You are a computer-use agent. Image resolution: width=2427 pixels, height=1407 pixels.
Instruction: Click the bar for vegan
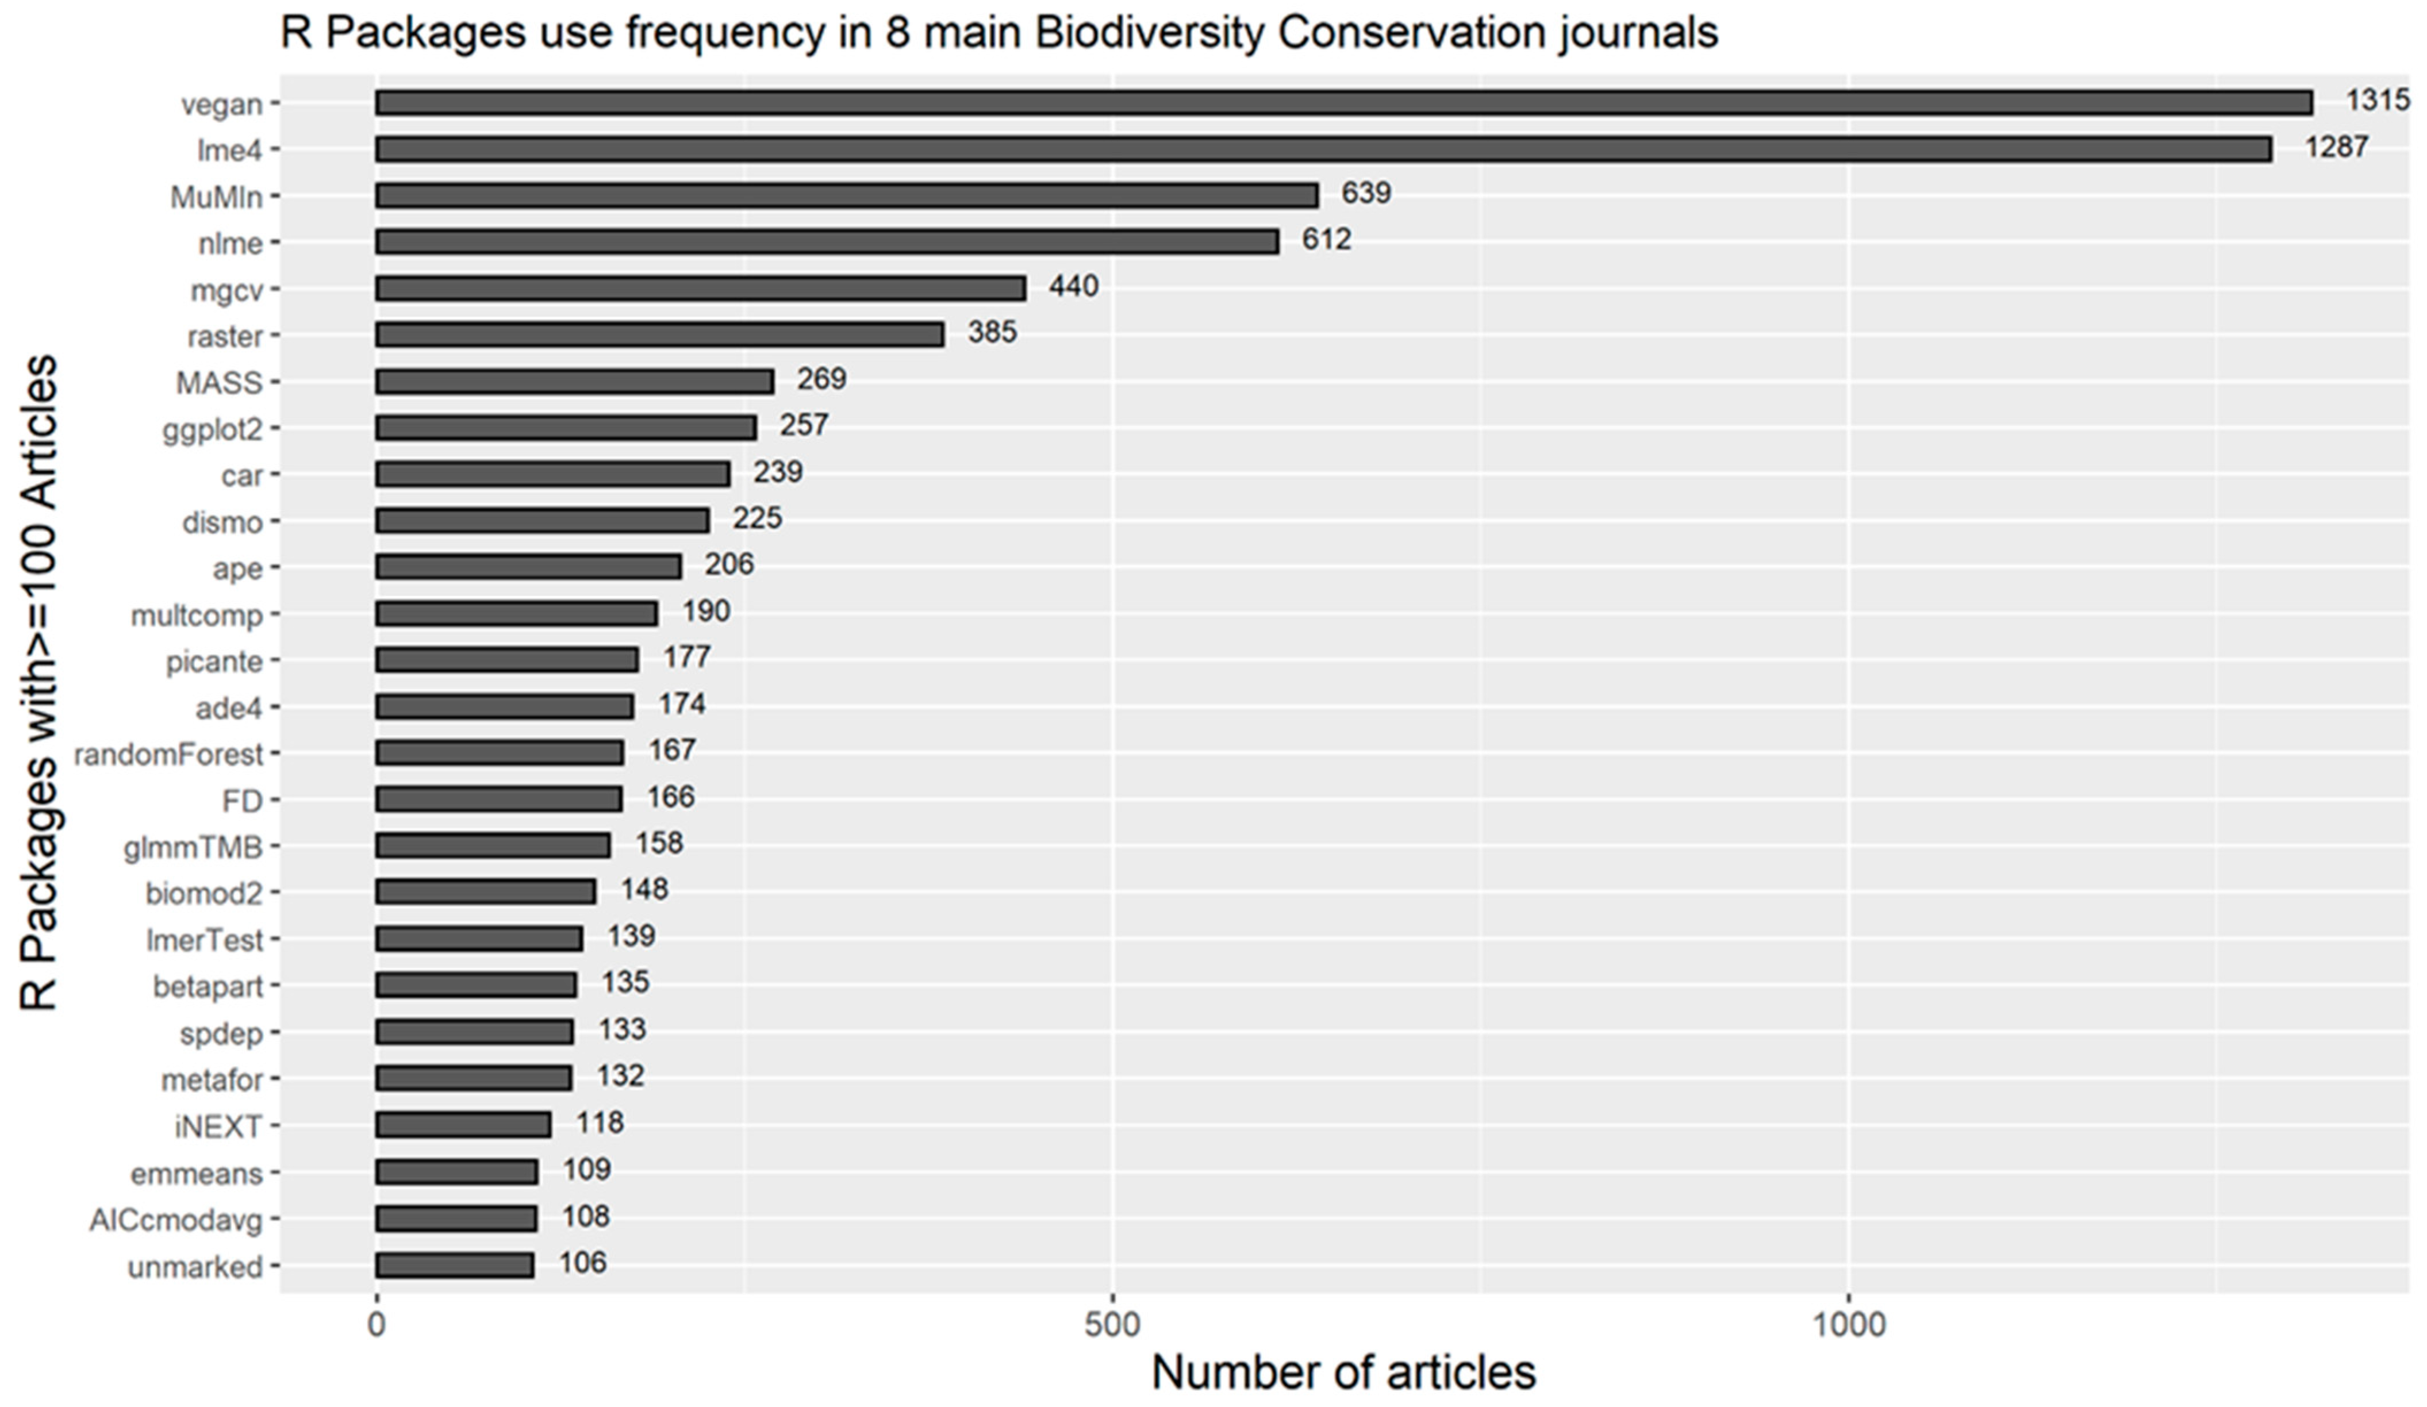pos(1343,103)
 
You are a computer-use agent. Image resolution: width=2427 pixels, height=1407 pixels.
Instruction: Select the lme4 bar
pos(1323,149)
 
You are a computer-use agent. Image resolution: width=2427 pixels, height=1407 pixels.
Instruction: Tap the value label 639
pos(1366,194)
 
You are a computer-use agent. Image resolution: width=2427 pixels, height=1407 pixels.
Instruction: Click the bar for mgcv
pos(700,288)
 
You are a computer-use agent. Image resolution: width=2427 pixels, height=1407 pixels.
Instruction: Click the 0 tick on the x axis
pos(377,1325)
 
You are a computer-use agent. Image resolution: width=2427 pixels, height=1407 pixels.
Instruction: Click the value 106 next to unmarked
pos(583,1263)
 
